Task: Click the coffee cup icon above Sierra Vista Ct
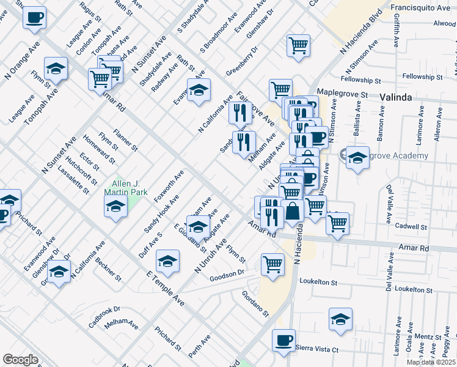(x=283, y=340)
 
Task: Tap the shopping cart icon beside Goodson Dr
(x=272, y=264)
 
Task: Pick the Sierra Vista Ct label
(x=317, y=349)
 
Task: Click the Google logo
(x=20, y=359)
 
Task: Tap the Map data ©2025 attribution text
(x=431, y=362)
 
